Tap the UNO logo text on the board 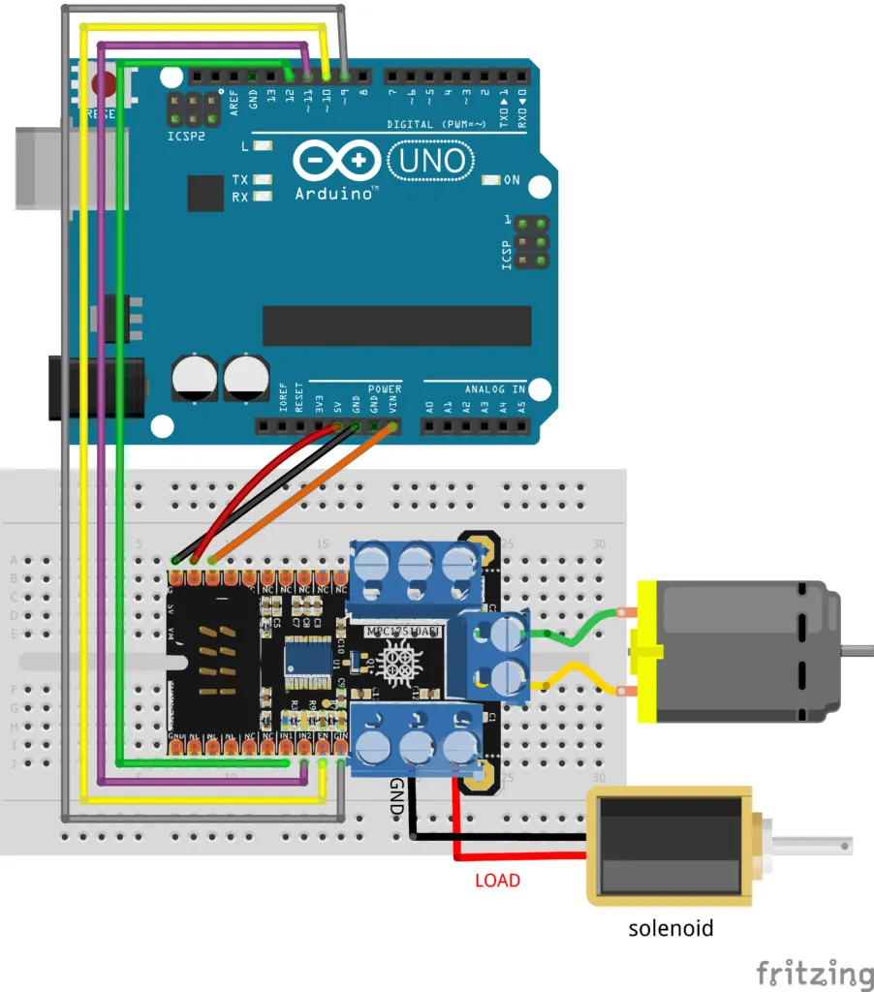click(432, 160)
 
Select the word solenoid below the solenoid click(671, 928)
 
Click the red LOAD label click(497, 881)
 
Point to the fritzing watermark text click(814, 972)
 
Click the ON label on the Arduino click(512, 180)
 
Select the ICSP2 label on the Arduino click(186, 137)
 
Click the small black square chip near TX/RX click(205, 193)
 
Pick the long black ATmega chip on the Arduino click(396, 325)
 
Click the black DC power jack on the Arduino click(95, 388)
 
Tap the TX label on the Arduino click(240, 180)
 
